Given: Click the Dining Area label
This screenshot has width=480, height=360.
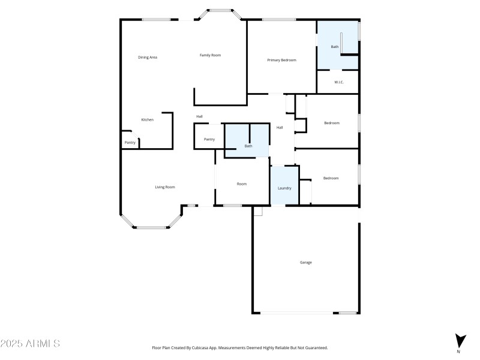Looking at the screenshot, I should pyautogui.click(x=148, y=57).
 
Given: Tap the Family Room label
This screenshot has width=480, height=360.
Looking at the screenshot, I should pyautogui.click(x=211, y=55).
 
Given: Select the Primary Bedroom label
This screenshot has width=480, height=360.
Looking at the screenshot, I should pyautogui.click(x=281, y=60).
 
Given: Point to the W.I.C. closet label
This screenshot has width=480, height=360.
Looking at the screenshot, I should pyautogui.click(x=338, y=82).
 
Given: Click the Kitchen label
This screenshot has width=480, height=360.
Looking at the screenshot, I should pyautogui.click(x=148, y=120).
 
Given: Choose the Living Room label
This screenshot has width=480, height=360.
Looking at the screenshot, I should pyautogui.click(x=165, y=187).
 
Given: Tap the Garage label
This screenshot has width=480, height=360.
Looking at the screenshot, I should pyautogui.click(x=306, y=262).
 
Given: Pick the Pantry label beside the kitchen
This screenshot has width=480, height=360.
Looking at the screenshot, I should pyautogui.click(x=130, y=142).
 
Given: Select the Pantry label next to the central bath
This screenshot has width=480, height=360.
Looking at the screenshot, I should pyautogui.click(x=209, y=139).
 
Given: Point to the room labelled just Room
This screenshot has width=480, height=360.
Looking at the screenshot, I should pyautogui.click(x=242, y=184).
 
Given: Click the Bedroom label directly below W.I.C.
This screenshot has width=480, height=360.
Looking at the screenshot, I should pyautogui.click(x=332, y=123).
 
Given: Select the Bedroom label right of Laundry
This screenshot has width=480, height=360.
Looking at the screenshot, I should pyautogui.click(x=331, y=178).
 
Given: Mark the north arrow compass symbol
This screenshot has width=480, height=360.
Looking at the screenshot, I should pyautogui.click(x=460, y=341).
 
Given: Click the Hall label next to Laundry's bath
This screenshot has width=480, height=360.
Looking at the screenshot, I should pyautogui.click(x=280, y=127).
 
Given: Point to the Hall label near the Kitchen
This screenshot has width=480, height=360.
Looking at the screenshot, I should pyautogui.click(x=199, y=116).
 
